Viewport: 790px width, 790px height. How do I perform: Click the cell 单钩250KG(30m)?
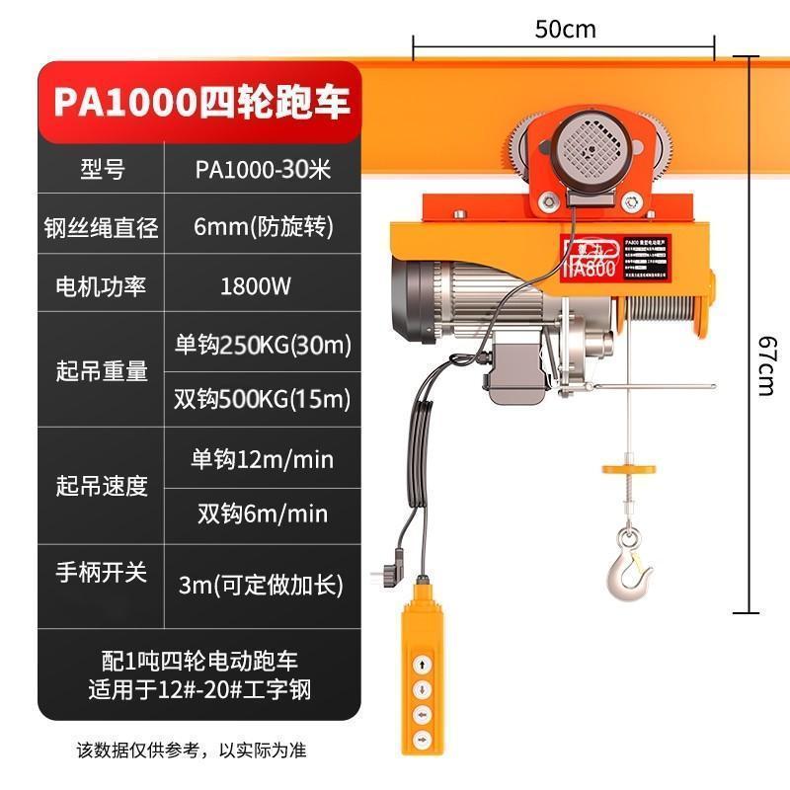click(263, 346)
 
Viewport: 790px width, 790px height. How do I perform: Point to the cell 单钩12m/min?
click(262, 459)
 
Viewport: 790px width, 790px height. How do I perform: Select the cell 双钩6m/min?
click(262, 513)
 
